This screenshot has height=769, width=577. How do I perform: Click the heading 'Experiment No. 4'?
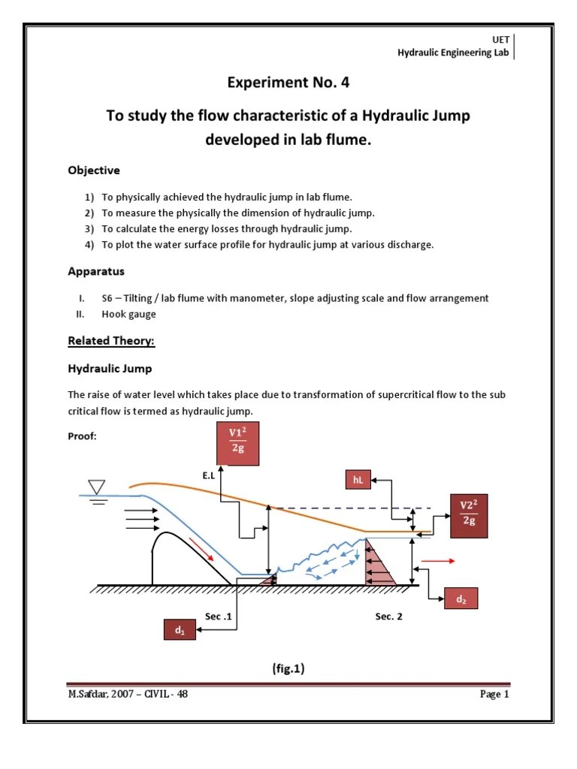(x=288, y=83)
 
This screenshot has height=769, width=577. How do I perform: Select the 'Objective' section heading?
(x=94, y=170)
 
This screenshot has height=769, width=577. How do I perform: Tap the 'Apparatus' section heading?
(x=96, y=271)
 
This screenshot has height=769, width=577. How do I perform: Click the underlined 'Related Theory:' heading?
(x=111, y=341)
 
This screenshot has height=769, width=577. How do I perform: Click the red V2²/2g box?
(x=469, y=515)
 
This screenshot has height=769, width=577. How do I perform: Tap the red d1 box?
(x=180, y=631)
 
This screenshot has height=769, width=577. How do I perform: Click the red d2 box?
(x=461, y=599)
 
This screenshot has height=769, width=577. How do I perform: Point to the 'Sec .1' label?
(x=218, y=617)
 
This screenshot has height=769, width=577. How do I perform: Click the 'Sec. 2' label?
(x=389, y=617)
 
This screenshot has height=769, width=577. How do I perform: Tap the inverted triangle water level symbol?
(x=98, y=487)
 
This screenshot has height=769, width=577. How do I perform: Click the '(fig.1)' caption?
(x=288, y=668)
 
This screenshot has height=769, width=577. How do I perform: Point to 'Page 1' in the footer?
(x=494, y=695)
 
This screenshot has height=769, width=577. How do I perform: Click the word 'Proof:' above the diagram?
(x=83, y=437)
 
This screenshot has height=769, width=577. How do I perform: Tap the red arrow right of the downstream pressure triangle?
(x=440, y=560)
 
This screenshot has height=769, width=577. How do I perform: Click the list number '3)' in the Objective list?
(x=89, y=229)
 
